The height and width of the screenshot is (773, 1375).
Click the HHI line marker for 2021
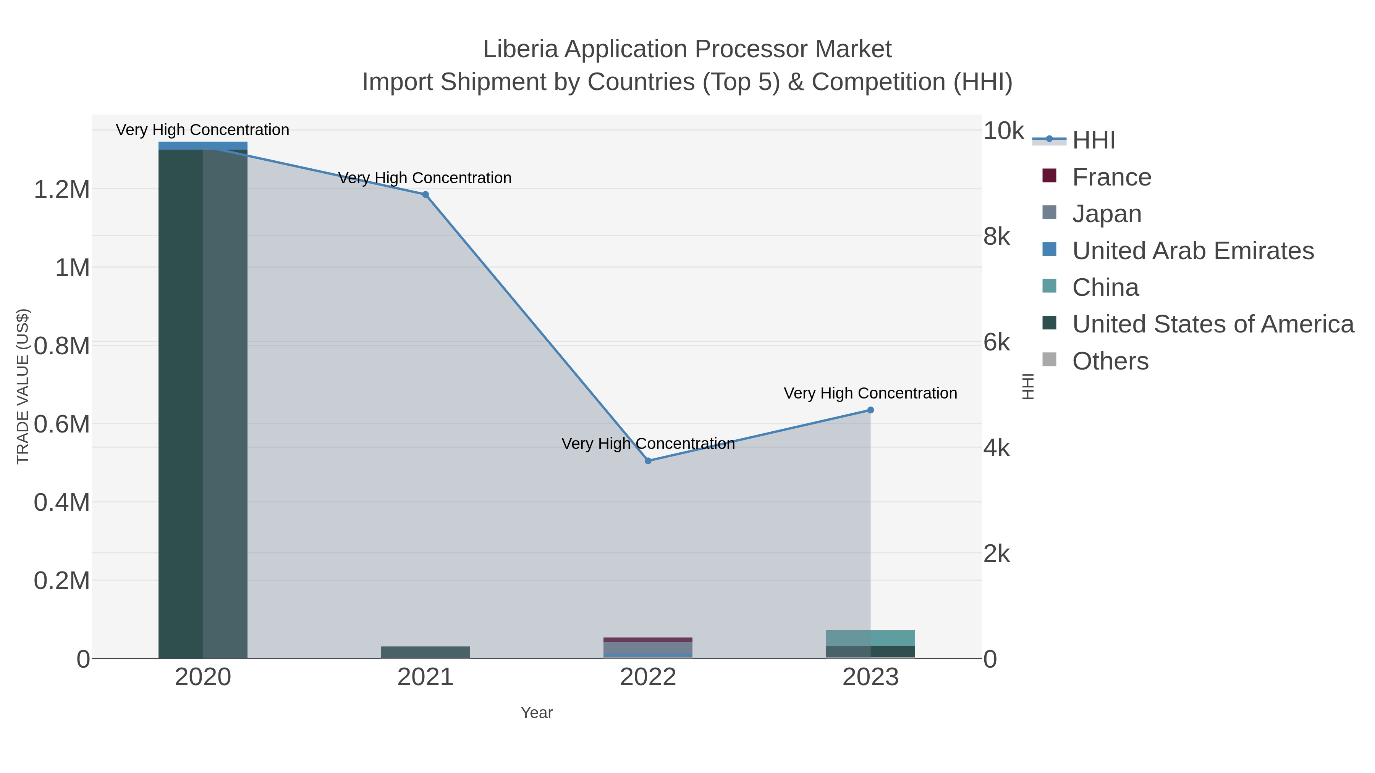(x=425, y=195)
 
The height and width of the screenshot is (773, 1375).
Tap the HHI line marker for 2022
(x=648, y=461)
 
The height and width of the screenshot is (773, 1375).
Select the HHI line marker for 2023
(x=870, y=410)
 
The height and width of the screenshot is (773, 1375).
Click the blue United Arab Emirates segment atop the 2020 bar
(x=203, y=146)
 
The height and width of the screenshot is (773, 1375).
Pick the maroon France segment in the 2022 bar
(x=648, y=640)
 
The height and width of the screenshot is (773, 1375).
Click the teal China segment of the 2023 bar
(x=870, y=638)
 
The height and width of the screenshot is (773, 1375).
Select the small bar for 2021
(x=425, y=652)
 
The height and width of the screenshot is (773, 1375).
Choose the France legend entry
(x=1111, y=177)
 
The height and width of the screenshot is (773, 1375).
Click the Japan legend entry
(x=1106, y=214)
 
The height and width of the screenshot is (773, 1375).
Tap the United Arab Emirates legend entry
(x=1192, y=251)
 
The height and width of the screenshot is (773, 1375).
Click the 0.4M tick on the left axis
(x=62, y=502)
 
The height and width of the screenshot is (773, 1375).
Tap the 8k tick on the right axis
(x=996, y=236)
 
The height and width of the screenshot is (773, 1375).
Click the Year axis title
(x=537, y=713)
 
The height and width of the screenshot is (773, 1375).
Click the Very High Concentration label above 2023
(x=870, y=393)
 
